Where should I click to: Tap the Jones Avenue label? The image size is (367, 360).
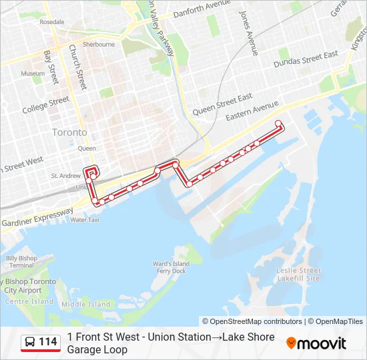[249, 33]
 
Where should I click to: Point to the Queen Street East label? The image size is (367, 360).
[222, 104]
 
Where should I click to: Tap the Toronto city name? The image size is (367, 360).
[69, 133]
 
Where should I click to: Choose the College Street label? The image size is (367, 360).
[45, 105]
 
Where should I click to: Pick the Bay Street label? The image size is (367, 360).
[51, 63]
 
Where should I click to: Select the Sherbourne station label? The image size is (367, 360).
[99, 45]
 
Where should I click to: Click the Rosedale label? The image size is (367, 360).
[52, 22]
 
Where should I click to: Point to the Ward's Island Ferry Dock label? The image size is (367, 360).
[171, 267]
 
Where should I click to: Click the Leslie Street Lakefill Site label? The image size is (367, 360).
[298, 275]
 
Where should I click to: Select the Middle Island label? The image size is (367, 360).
[85, 305]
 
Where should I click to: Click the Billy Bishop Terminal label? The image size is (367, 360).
[21, 261]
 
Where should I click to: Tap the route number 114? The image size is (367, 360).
[47, 343]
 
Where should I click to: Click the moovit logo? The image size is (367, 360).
[316, 343]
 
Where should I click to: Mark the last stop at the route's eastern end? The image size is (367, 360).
[279, 122]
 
